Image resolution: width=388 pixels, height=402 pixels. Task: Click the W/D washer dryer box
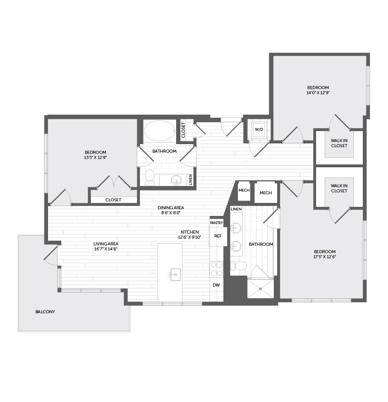click(259, 130)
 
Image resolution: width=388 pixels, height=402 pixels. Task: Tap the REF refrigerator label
click(218, 236)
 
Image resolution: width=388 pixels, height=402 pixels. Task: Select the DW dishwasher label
click(216, 285)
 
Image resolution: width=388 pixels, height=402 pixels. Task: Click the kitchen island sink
click(176, 274)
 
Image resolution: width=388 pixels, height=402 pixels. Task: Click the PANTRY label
click(217, 223)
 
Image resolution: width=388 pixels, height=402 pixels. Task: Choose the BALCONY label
click(45, 312)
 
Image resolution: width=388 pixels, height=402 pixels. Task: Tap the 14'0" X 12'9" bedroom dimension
click(318, 93)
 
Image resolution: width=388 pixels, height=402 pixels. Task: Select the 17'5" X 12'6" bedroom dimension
click(325, 257)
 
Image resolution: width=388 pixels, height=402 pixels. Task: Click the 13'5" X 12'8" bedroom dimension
click(95, 157)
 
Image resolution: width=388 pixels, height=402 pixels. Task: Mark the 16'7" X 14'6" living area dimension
click(105, 249)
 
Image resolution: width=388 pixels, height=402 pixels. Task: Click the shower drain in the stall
click(260, 289)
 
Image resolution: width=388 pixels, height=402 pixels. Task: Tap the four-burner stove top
click(216, 269)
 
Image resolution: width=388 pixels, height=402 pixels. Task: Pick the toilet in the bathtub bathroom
click(149, 177)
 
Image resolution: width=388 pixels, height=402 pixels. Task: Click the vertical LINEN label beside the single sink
click(190, 180)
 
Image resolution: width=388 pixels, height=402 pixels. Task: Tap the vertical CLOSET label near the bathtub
click(183, 130)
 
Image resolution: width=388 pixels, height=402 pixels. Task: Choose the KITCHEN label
click(190, 232)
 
